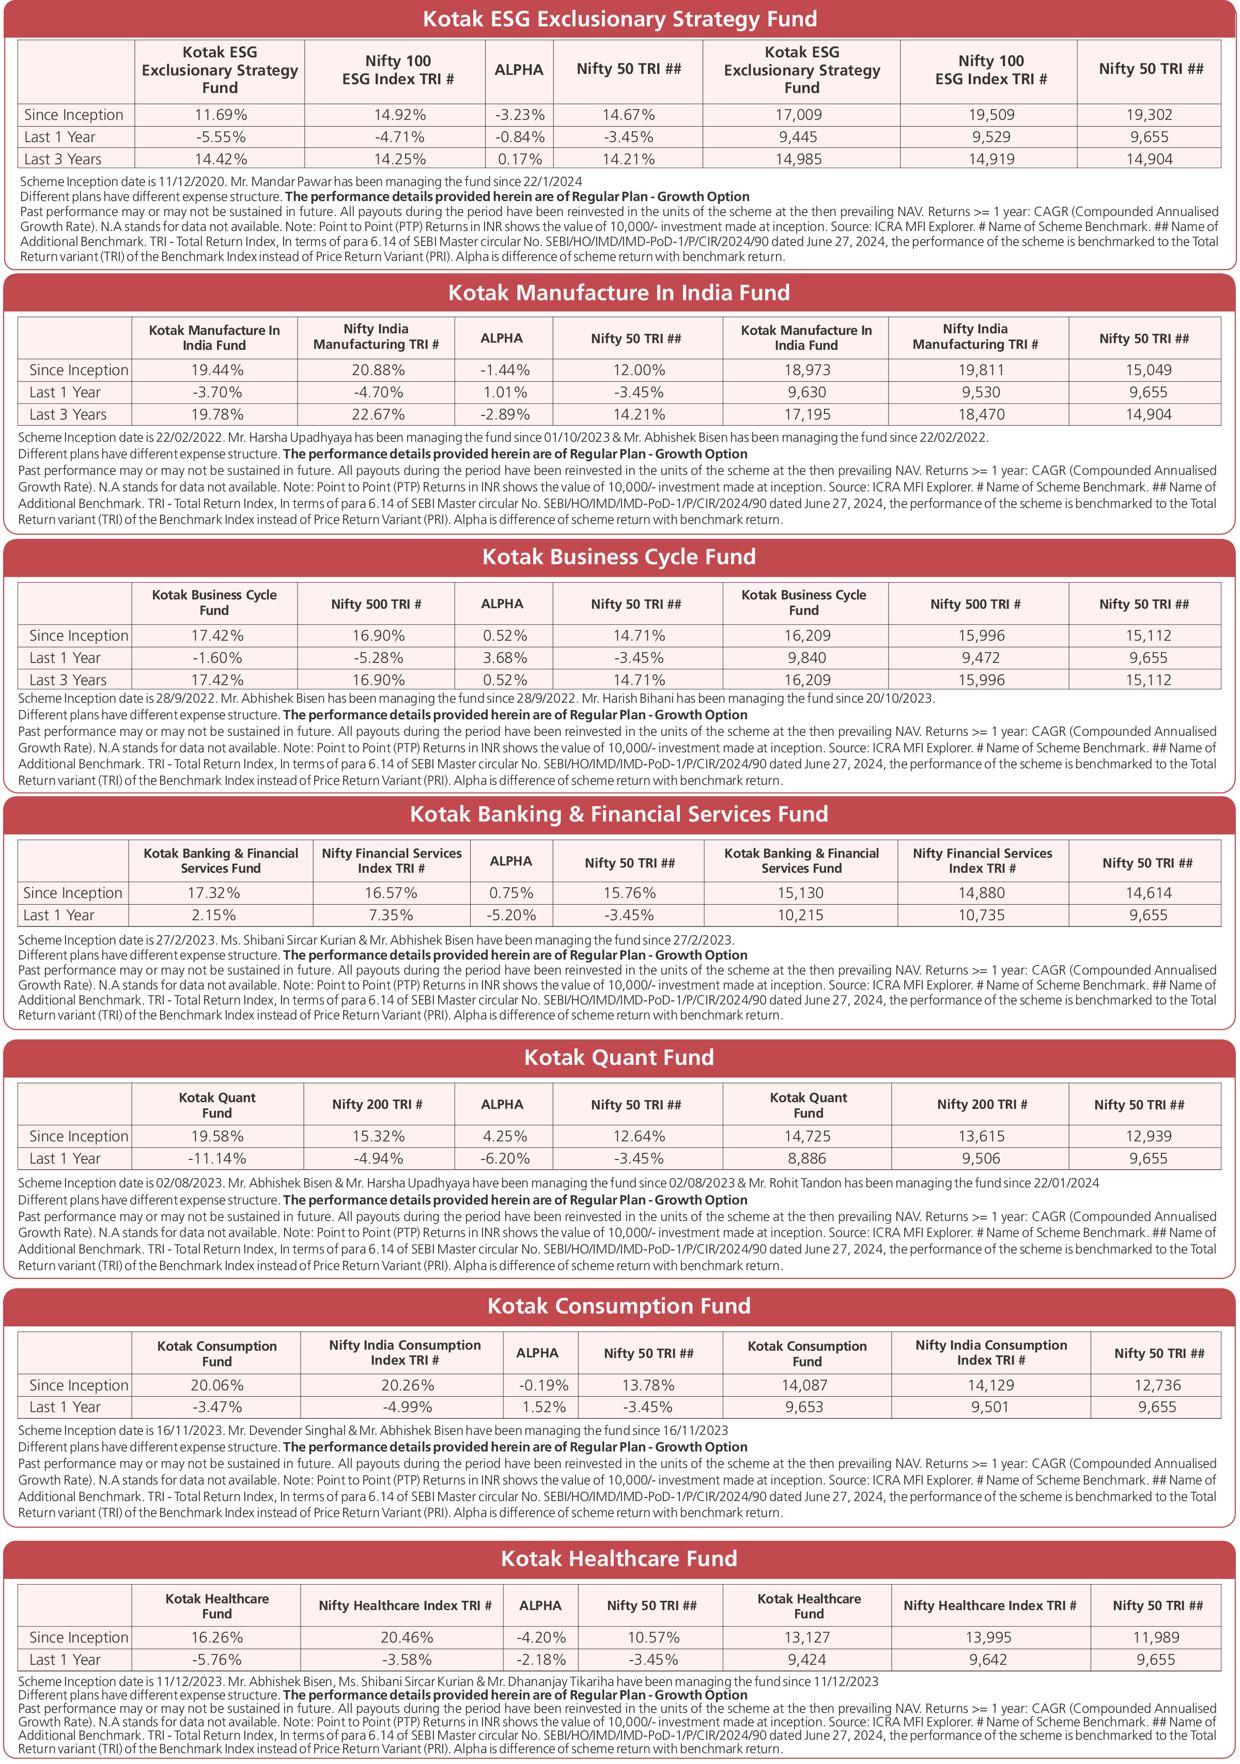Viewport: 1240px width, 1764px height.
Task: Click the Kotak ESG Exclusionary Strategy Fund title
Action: coord(619,19)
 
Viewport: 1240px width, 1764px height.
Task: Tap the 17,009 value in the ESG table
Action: coord(801,115)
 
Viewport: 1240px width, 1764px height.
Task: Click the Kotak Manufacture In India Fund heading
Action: coord(619,293)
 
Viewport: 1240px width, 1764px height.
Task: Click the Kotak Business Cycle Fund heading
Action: coord(619,557)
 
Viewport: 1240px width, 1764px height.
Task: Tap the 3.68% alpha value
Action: coord(505,658)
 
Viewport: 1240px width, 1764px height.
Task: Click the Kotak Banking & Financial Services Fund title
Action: coord(619,814)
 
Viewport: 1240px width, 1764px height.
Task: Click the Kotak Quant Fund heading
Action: coord(619,1058)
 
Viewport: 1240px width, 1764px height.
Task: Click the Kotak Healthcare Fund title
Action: coord(619,1559)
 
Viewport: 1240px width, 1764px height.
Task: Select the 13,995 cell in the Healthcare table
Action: coord(988,1638)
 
